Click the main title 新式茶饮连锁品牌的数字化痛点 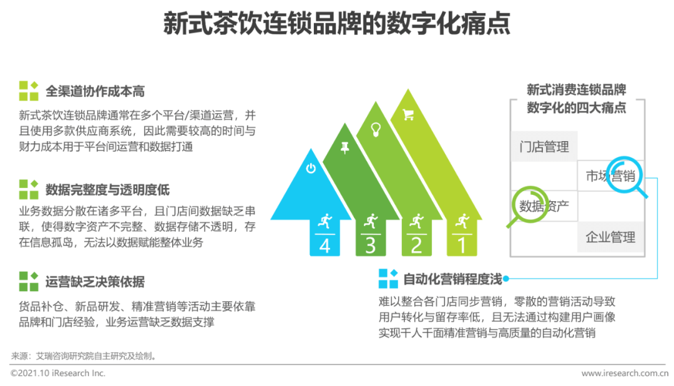336,24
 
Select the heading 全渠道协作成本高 95,91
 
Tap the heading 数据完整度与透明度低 107,190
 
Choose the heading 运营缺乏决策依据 95,282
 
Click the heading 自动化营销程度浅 452,279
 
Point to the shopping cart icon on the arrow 408,114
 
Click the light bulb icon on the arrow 376,129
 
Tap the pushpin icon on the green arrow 344,147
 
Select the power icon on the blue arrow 311,168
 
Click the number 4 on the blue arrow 325,245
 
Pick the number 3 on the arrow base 371,245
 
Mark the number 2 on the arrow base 416,245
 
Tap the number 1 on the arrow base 462,245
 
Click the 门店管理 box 544,147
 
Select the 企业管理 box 610,237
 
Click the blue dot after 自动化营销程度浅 506,279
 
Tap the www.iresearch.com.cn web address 625,373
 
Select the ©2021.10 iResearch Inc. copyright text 58,373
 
